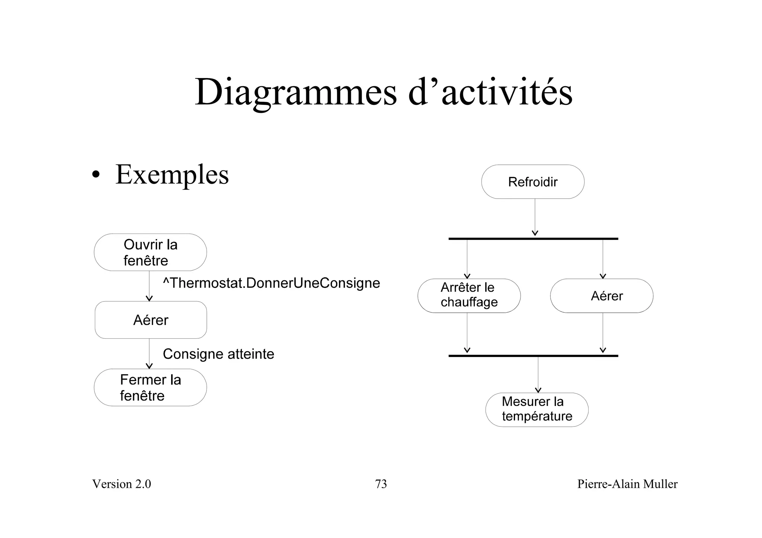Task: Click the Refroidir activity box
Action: pos(532,182)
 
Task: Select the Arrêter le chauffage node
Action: pos(469,296)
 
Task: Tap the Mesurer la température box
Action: pos(537,409)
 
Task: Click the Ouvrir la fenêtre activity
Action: pos(150,252)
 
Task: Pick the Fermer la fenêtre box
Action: pos(150,387)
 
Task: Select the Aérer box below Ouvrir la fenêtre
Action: pos(151,320)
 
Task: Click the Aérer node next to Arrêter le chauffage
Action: pos(602,296)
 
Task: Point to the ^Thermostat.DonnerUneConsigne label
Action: pos(271,283)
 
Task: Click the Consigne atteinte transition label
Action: pos(218,354)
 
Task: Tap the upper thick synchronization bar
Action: pos(533,239)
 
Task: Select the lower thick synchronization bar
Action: pos(533,356)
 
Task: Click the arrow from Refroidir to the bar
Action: pos(535,218)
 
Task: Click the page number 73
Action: pos(381,484)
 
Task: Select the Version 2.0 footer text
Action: pos(122,484)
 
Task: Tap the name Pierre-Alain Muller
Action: pos(627,484)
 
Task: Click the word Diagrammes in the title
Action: pos(296,92)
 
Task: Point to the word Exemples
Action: pos(172,174)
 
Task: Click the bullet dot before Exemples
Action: pos(96,175)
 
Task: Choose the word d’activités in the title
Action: pos(490,92)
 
